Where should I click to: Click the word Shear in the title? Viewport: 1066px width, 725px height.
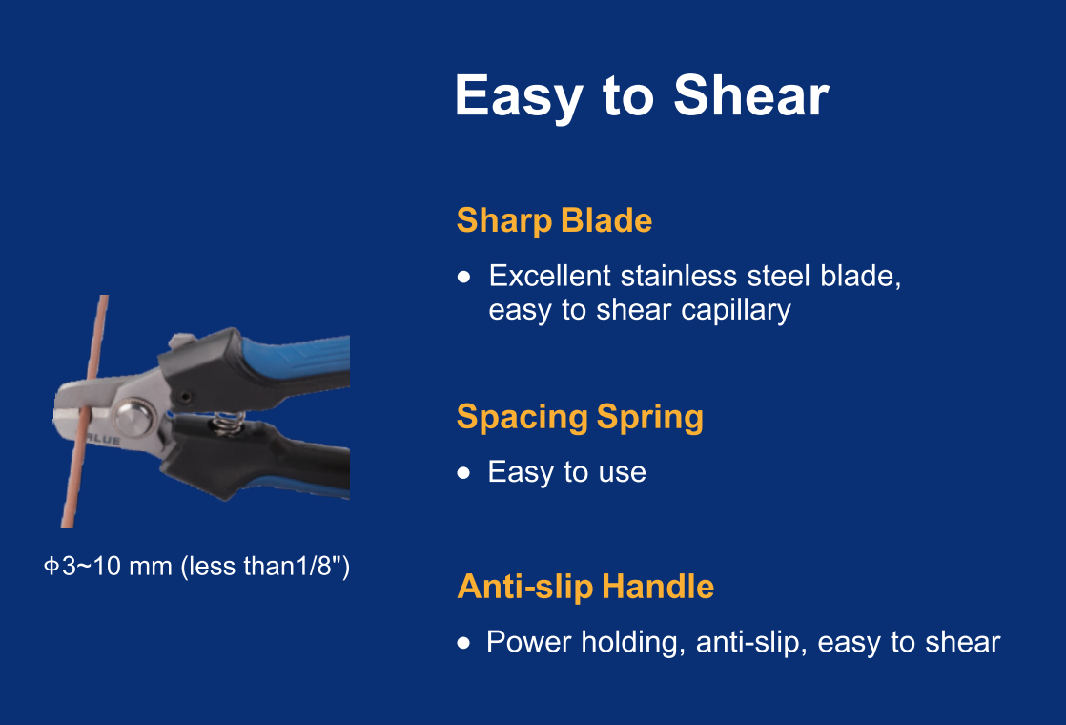751,96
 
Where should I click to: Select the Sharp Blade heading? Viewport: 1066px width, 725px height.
554,220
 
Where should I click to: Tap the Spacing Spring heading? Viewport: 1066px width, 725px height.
580,418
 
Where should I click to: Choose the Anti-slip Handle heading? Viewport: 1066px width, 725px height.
585,587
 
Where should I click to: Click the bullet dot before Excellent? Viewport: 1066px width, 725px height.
464,277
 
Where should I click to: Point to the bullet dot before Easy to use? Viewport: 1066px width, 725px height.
464,472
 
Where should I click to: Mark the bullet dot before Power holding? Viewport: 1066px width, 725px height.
464,643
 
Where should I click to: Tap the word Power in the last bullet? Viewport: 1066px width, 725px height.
529,642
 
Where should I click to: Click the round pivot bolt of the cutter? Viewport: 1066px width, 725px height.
133,416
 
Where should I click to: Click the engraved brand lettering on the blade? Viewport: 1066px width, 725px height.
103,440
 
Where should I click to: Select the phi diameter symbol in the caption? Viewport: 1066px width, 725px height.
51,566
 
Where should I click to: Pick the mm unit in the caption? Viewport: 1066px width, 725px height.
151,568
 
